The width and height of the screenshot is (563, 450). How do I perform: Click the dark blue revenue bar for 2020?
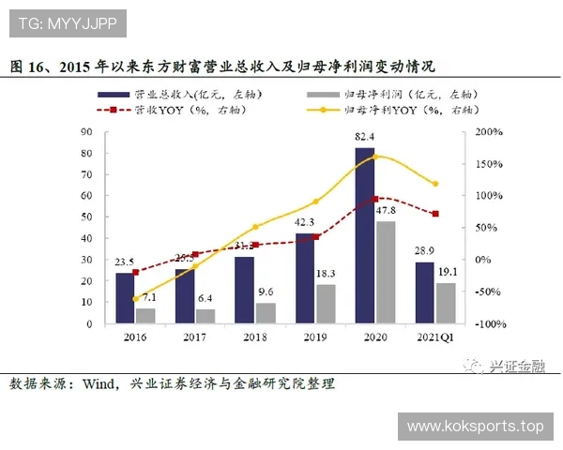365,234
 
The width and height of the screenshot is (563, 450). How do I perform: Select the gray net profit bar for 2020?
385,272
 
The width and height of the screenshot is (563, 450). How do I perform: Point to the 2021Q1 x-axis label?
434,335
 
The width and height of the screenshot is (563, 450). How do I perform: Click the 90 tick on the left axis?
87,132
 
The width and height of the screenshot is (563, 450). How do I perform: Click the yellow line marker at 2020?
375,157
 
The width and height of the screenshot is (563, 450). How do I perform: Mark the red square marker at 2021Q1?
434,214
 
